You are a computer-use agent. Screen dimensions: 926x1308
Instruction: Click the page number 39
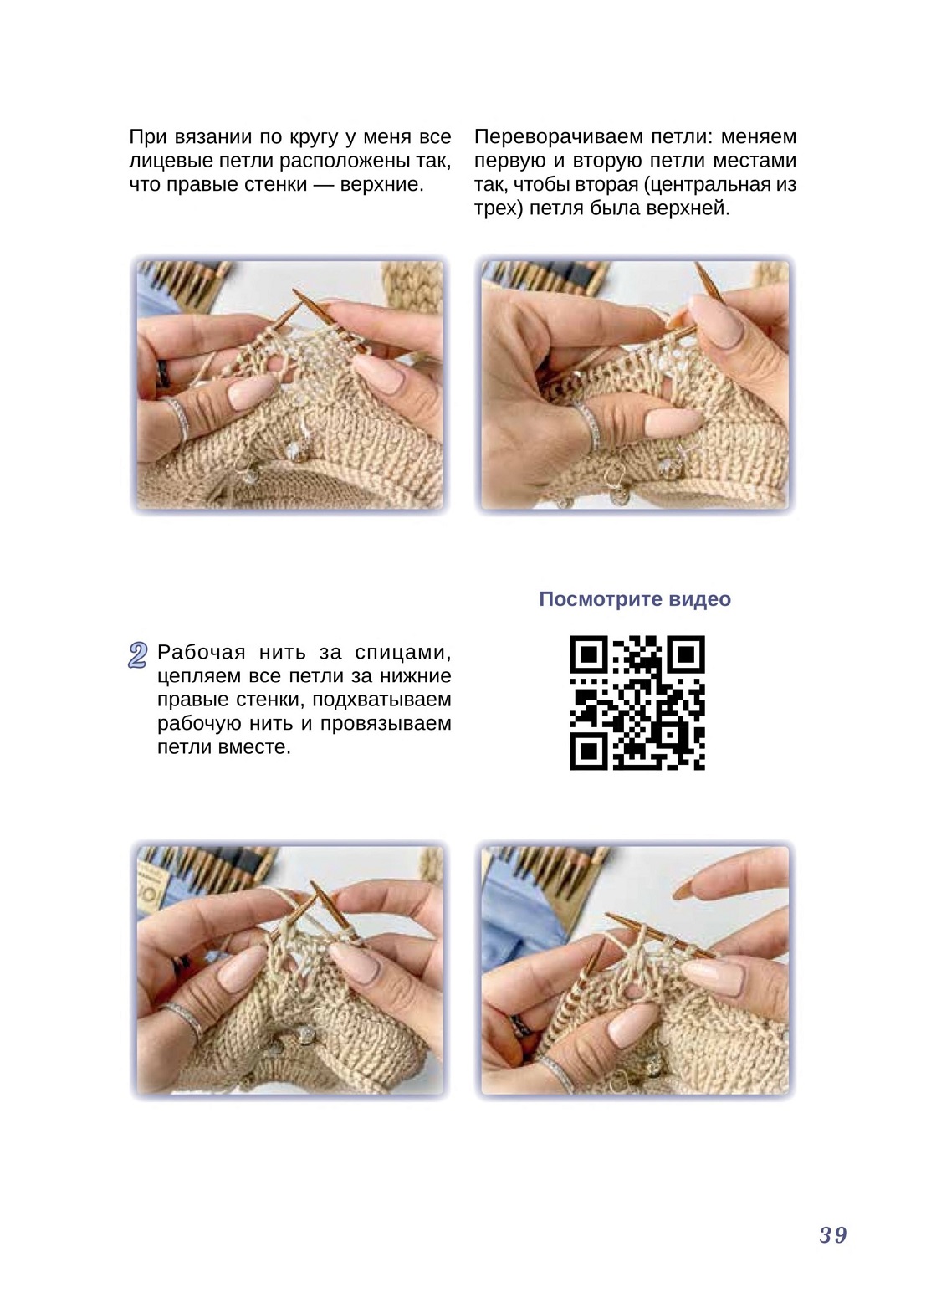pyautogui.click(x=833, y=1235)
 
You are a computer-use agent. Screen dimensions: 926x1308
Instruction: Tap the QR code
pyautogui.click(x=637, y=702)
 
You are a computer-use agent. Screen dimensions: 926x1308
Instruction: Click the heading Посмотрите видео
pyautogui.click(x=635, y=598)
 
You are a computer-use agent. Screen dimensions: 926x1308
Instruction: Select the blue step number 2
pyautogui.click(x=137, y=655)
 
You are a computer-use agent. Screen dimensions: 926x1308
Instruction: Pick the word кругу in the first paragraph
pyautogui.click(x=314, y=138)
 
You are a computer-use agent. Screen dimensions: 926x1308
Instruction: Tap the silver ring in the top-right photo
pyautogui.click(x=590, y=426)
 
